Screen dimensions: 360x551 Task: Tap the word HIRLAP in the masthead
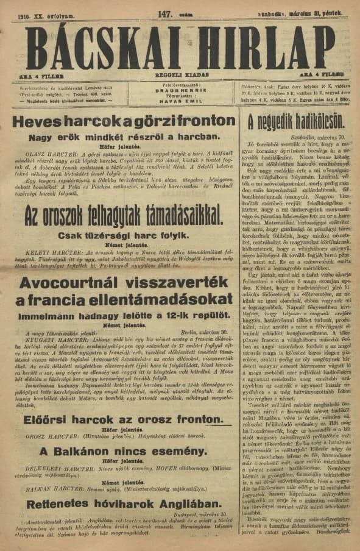(x=268, y=48)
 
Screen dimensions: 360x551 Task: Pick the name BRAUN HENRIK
(x=180, y=89)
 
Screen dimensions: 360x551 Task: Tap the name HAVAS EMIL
(x=180, y=101)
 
